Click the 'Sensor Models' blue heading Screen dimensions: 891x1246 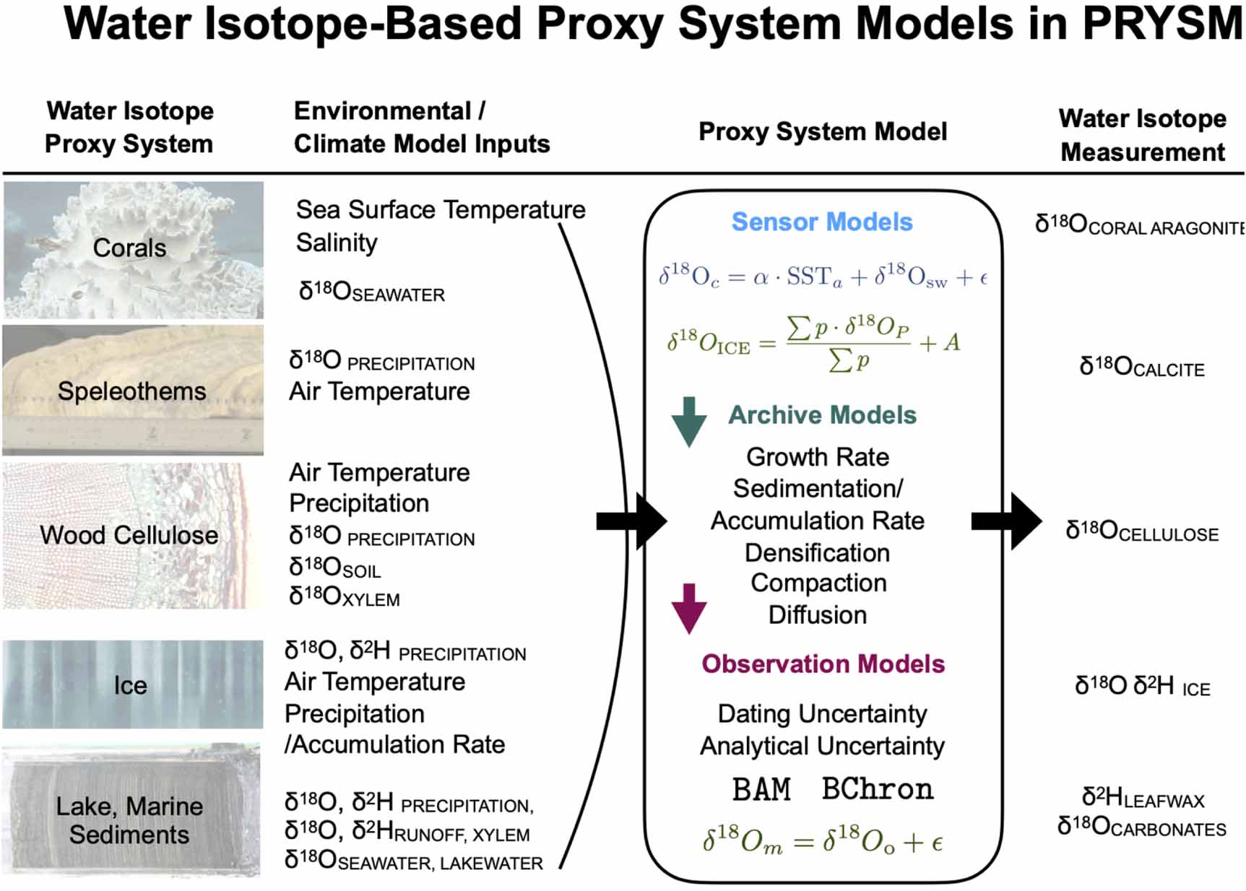(x=821, y=222)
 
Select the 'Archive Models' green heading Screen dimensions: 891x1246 (x=822, y=415)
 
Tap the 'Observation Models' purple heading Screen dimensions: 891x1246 (x=823, y=664)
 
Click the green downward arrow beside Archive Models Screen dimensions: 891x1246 (x=688, y=422)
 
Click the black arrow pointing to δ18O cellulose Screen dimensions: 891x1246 (x=1007, y=521)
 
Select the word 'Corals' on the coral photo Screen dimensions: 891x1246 (x=129, y=248)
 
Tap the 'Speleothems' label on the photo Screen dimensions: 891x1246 (x=131, y=391)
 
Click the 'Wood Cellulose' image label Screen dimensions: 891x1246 (x=129, y=535)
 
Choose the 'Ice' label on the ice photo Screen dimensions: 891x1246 (x=130, y=685)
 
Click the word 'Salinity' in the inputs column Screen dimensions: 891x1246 (x=336, y=243)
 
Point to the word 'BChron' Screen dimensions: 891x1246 (x=878, y=789)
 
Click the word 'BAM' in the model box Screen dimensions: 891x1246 (x=761, y=789)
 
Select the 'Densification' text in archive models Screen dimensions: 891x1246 (x=817, y=553)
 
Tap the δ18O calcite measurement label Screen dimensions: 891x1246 (x=1141, y=368)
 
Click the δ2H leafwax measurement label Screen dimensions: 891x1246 (x=1142, y=799)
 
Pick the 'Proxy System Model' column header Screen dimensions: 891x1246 (x=822, y=131)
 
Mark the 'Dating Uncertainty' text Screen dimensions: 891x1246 (x=822, y=713)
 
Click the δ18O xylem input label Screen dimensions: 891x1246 (x=344, y=597)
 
